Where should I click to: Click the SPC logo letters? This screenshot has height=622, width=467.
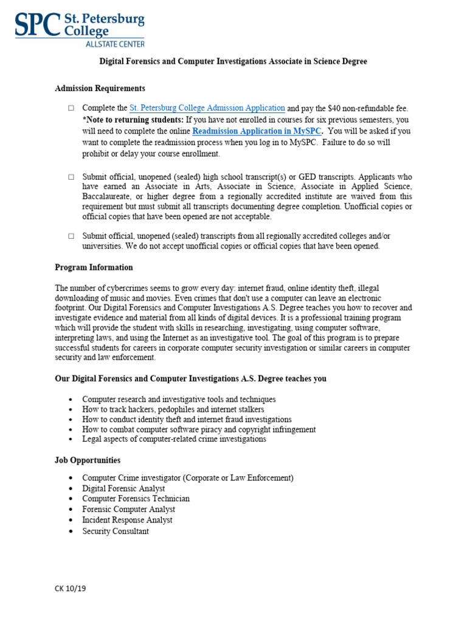[x=36, y=26]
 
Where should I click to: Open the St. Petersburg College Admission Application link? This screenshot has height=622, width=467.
[x=207, y=108]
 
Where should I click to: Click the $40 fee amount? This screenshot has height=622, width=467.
[x=331, y=108]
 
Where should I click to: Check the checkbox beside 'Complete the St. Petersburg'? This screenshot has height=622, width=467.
[x=71, y=108]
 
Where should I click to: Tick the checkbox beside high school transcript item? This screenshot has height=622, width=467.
[x=71, y=177]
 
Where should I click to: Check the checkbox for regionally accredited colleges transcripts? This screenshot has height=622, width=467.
[x=71, y=236]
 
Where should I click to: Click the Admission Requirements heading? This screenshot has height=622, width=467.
[x=100, y=89]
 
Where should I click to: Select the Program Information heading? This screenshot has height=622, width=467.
[x=94, y=267]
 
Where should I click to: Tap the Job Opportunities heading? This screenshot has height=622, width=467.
[x=88, y=460]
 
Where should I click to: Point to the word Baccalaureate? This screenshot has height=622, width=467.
[x=106, y=197]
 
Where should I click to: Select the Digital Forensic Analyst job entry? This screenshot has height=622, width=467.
[x=123, y=488]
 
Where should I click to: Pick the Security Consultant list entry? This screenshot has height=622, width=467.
[x=116, y=531]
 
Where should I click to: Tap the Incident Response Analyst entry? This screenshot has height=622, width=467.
[x=127, y=520]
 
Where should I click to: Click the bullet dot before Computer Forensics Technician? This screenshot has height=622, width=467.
[x=71, y=499]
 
